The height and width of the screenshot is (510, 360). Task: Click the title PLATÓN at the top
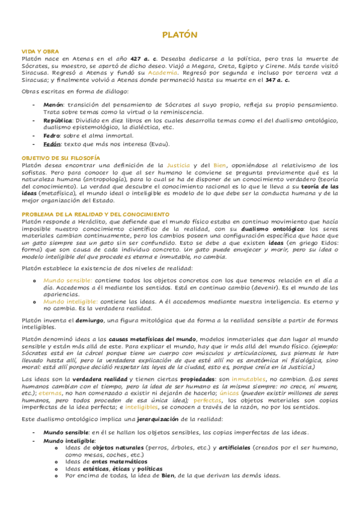(x=180, y=35)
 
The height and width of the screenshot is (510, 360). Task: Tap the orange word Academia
(x=163, y=72)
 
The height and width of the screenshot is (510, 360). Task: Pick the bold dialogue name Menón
(x=52, y=105)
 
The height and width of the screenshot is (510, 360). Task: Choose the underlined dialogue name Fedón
(x=52, y=144)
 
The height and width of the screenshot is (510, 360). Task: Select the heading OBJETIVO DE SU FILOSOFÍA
(x=60, y=157)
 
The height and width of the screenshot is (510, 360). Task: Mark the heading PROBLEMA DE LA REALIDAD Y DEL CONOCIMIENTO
(x=96, y=214)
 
